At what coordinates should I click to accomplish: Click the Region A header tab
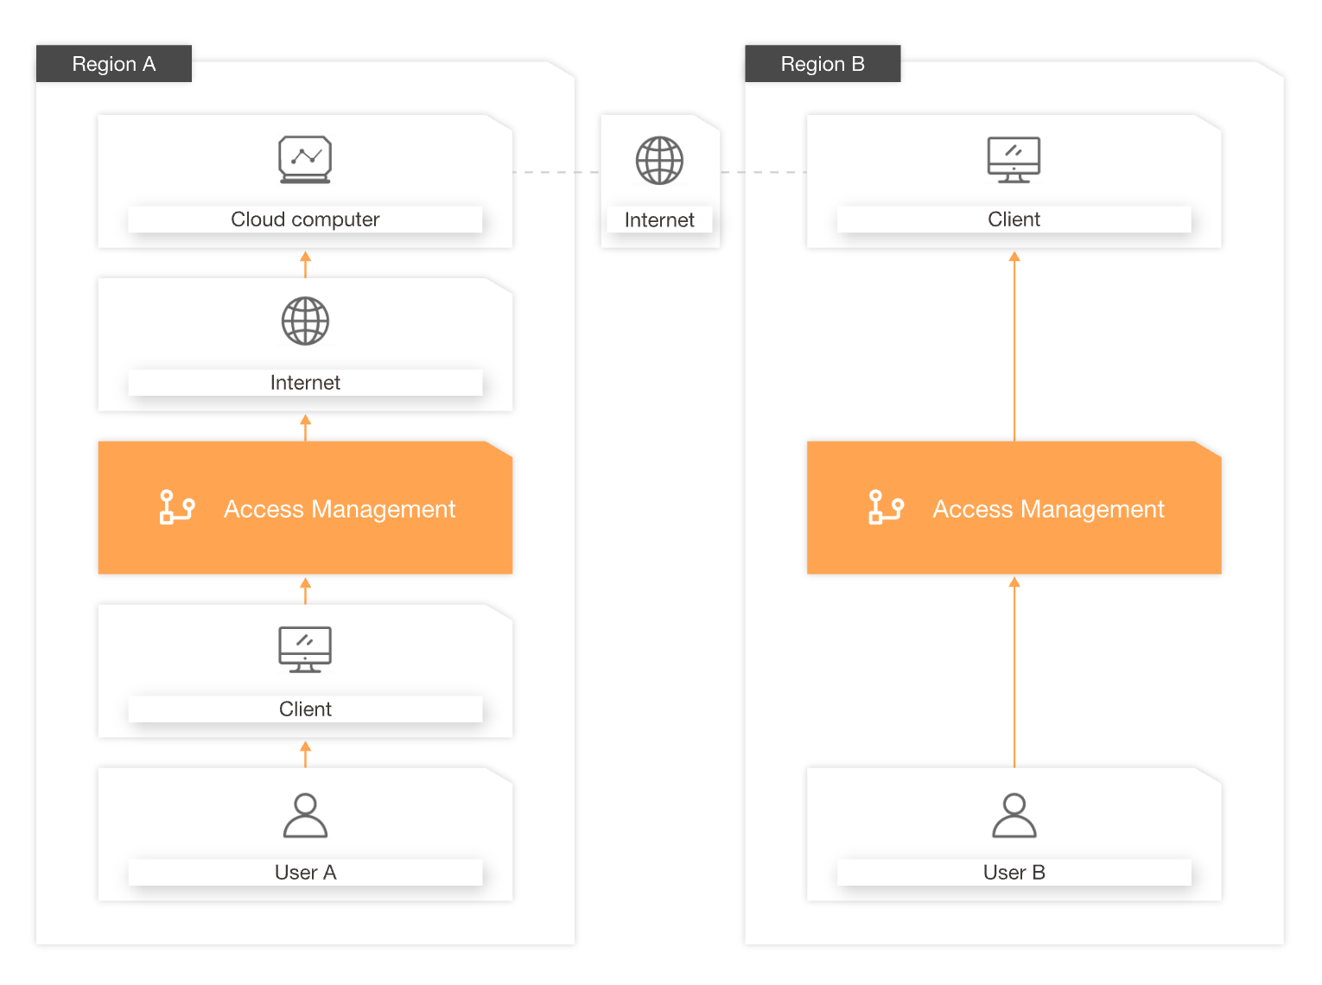113,64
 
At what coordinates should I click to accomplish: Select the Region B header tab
822,64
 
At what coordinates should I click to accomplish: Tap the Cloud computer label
305,219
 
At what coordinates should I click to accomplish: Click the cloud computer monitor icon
305,159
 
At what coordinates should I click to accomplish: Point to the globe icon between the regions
659,161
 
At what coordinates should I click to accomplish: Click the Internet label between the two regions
659,220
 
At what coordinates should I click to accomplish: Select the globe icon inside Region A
305,321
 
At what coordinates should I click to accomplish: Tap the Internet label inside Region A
305,383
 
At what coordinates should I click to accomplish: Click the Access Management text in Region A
340,509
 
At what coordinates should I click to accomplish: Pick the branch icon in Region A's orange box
177,507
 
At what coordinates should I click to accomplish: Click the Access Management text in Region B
1048,509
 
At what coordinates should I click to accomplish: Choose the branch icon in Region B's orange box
886,507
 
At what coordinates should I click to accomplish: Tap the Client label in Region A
305,709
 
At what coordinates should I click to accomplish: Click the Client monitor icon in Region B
1014,160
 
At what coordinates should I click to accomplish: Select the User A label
305,873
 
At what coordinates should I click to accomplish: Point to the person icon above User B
1014,816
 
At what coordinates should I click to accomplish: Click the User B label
1014,873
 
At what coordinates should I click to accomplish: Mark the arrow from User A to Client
305,753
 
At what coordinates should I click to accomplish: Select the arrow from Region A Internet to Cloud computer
305,264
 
